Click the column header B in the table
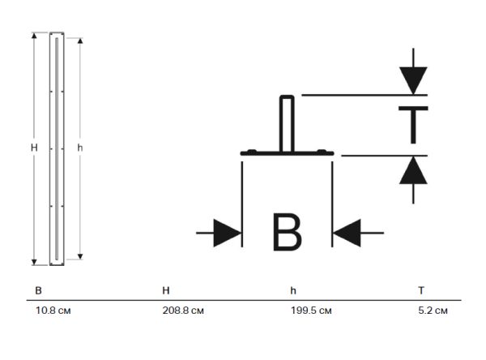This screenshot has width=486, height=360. tap(38, 290)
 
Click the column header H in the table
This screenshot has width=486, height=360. tap(166, 290)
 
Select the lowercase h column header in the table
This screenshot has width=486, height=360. tap(293, 290)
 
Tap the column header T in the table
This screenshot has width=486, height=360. tap(421, 290)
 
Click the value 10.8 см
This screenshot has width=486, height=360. tap(53, 311)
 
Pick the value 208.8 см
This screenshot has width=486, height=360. tap(183, 311)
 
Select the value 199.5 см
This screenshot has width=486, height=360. tap(311, 311)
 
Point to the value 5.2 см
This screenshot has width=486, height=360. tap(433, 311)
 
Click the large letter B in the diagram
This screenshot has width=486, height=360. tap(287, 232)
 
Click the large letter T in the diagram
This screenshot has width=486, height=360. tap(413, 125)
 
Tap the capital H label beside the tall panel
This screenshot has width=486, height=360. tap(34, 148)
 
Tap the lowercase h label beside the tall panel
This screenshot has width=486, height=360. tap(80, 148)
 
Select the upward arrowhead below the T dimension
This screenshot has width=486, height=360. tap(413, 170)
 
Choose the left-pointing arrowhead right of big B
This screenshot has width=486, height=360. tap(347, 233)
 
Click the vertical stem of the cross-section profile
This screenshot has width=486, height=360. tap(287, 123)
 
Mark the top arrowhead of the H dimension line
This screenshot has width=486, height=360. tap(34, 36)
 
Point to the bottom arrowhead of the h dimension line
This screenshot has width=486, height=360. tap(80, 256)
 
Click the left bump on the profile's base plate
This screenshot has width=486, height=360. tap(252, 151)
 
